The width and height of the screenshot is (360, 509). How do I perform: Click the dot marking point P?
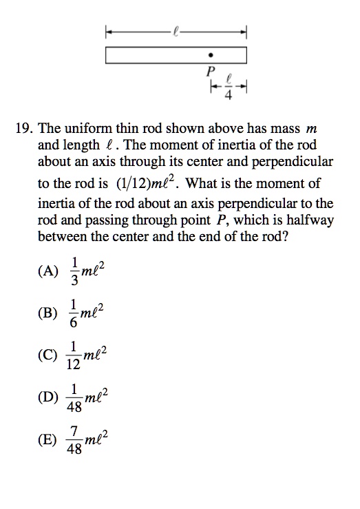coord(211,54)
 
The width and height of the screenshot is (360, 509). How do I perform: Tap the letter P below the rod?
coord(211,71)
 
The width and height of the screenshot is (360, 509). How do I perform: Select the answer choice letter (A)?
coord(48,271)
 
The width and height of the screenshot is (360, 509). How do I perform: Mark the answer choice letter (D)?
coord(48,397)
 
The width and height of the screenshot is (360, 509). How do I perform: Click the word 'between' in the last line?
coord(63,237)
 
